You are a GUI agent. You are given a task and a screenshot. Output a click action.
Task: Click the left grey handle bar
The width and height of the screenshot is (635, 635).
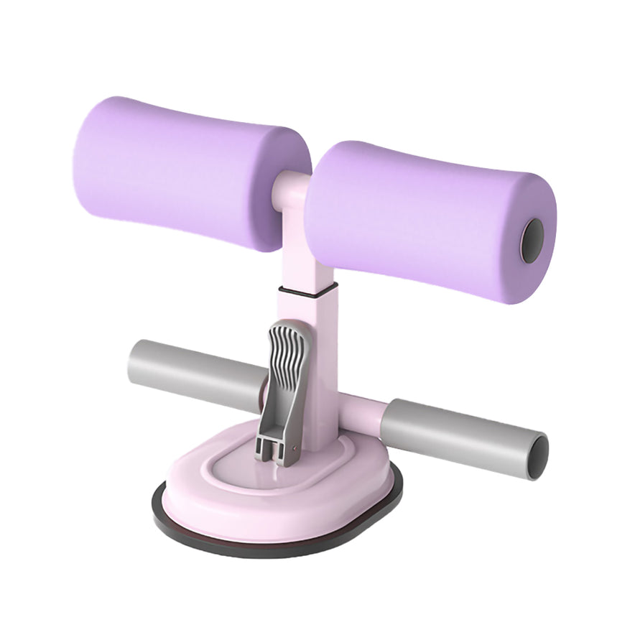pyautogui.click(x=194, y=370)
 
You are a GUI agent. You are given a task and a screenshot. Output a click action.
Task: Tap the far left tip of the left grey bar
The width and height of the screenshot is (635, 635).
pyautogui.click(x=133, y=359)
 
